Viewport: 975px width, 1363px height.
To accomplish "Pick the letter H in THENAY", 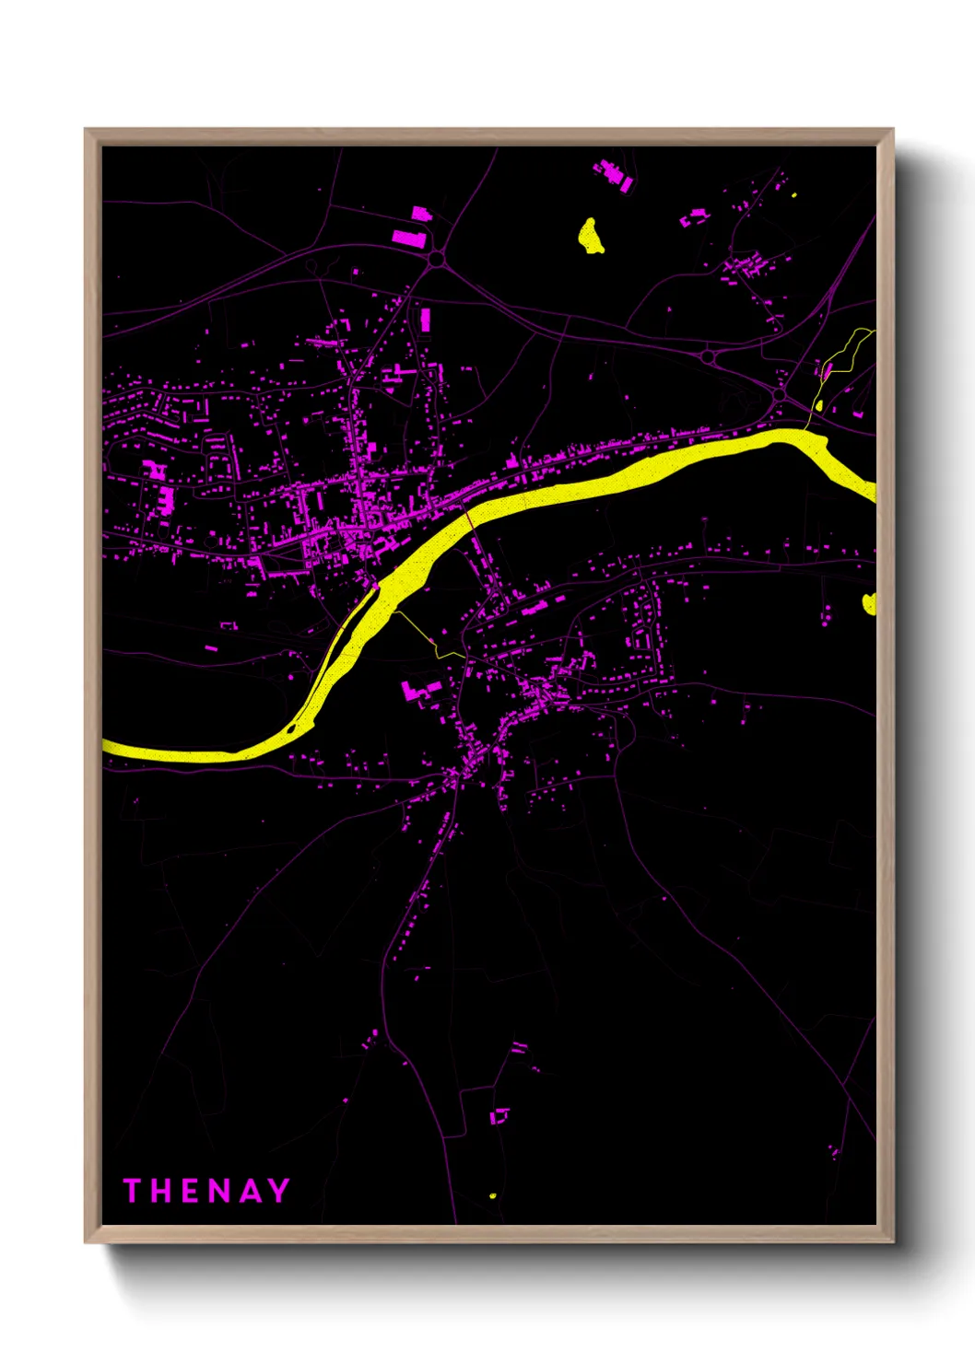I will [x=160, y=1191].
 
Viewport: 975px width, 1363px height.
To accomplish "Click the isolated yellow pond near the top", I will [x=590, y=237].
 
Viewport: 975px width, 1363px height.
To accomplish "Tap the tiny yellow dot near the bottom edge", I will [x=493, y=1195].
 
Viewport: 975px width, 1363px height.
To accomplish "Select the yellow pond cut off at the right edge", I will [x=868, y=603].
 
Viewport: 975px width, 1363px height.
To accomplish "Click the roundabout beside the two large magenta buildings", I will [x=436, y=260].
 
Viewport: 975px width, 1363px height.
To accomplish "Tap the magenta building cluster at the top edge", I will [x=614, y=175].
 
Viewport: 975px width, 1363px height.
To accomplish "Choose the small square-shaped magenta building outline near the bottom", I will [x=499, y=1116].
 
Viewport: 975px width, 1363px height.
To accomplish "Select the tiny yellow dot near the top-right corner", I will [x=794, y=194].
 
